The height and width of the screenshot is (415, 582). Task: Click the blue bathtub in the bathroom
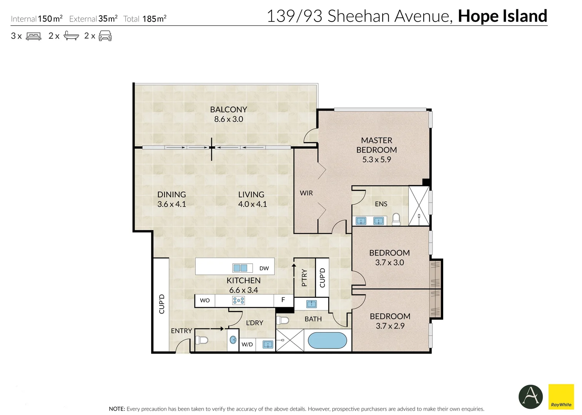pyautogui.click(x=327, y=340)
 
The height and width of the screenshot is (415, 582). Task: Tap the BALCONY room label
pyautogui.click(x=228, y=110)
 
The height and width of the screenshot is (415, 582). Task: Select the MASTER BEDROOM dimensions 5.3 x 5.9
pyautogui.click(x=376, y=159)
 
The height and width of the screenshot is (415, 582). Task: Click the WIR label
pyautogui.click(x=306, y=193)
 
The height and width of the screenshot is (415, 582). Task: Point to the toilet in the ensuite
pyautogui.click(x=396, y=219)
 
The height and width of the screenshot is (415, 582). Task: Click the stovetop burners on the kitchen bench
pyautogui.click(x=238, y=300)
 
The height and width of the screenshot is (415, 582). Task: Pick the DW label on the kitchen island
pyautogui.click(x=264, y=268)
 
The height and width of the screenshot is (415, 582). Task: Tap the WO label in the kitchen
pyautogui.click(x=205, y=300)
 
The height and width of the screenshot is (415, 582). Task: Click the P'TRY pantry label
pyautogui.click(x=304, y=277)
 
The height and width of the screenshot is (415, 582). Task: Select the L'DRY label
pyautogui.click(x=254, y=323)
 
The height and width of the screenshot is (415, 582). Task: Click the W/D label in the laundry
pyautogui.click(x=247, y=344)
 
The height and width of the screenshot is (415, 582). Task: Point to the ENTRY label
pyautogui.click(x=181, y=330)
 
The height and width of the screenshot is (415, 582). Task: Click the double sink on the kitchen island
pyautogui.click(x=240, y=268)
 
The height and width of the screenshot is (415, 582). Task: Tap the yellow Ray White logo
pyautogui.click(x=561, y=397)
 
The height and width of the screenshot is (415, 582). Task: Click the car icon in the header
pyautogui.click(x=105, y=36)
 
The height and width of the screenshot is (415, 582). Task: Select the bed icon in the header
pyautogui.click(x=33, y=36)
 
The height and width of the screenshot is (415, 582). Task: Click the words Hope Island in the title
pyautogui.click(x=502, y=16)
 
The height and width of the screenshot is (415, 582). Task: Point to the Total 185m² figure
pyautogui.click(x=145, y=19)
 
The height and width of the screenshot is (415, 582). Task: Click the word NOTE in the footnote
pyautogui.click(x=117, y=409)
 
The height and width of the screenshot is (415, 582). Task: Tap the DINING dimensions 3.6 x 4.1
pyautogui.click(x=171, y=204)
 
